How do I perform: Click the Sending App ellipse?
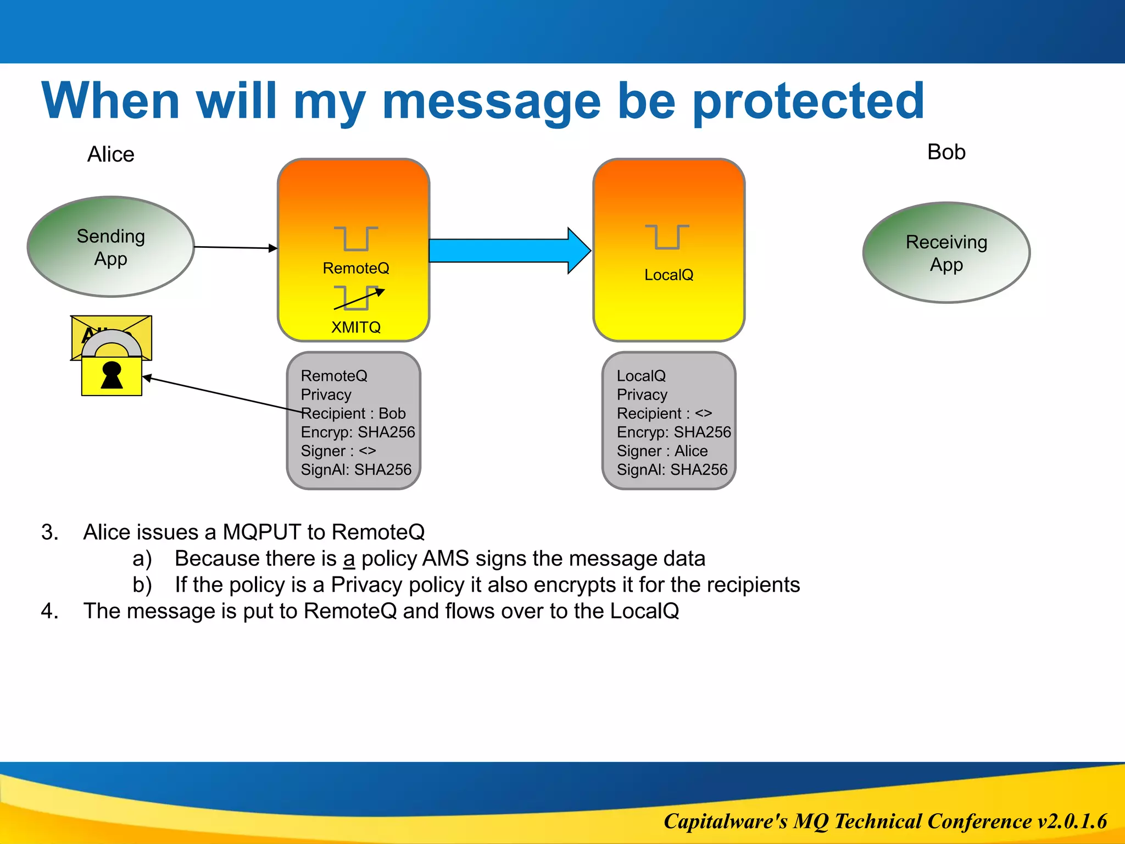point(110,247)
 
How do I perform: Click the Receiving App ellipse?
point(946,253)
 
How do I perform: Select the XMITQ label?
point(355,327)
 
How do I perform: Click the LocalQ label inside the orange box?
point(669,275)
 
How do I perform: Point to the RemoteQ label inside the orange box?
point(355,268)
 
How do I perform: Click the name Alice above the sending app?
point(110,154)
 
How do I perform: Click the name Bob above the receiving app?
point(946,152)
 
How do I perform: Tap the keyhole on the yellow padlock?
point(112,375)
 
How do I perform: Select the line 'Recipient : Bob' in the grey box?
point(353,413)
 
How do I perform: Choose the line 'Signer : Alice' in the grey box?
point(662,451)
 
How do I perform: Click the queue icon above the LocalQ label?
point(667,237)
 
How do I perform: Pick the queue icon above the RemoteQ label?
point(355,238)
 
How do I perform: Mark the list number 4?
point(49,611)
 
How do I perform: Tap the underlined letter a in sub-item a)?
point(349,559)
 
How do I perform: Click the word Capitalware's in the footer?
point(725,821)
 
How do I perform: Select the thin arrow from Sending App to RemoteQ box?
point(235,248)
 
